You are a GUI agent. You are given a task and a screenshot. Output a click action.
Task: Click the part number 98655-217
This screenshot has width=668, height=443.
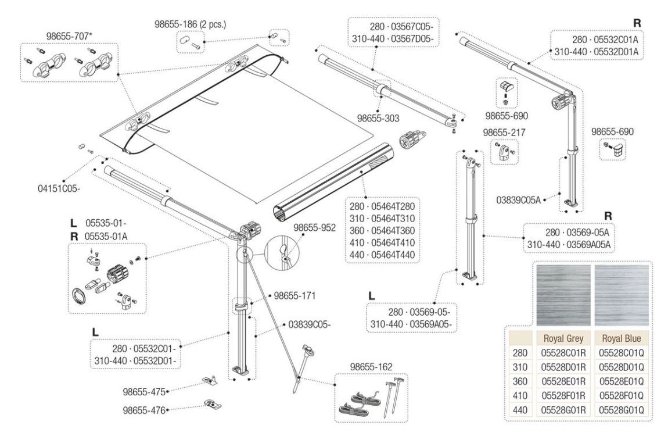pyautogui.click(x=504, y=133)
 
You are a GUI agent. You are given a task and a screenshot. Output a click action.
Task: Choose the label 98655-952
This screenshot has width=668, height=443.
pyautogui.click(x=314, y=228)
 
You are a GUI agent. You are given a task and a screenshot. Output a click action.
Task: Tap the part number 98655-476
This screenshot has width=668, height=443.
pyautogui.click(x=144, y=409)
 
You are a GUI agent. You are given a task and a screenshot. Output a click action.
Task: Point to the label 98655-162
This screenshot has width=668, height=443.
pyautogui.click(x=371, y=366)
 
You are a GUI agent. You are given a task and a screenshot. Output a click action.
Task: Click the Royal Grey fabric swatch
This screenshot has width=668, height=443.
pyautogui.click(x=562, y=295)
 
